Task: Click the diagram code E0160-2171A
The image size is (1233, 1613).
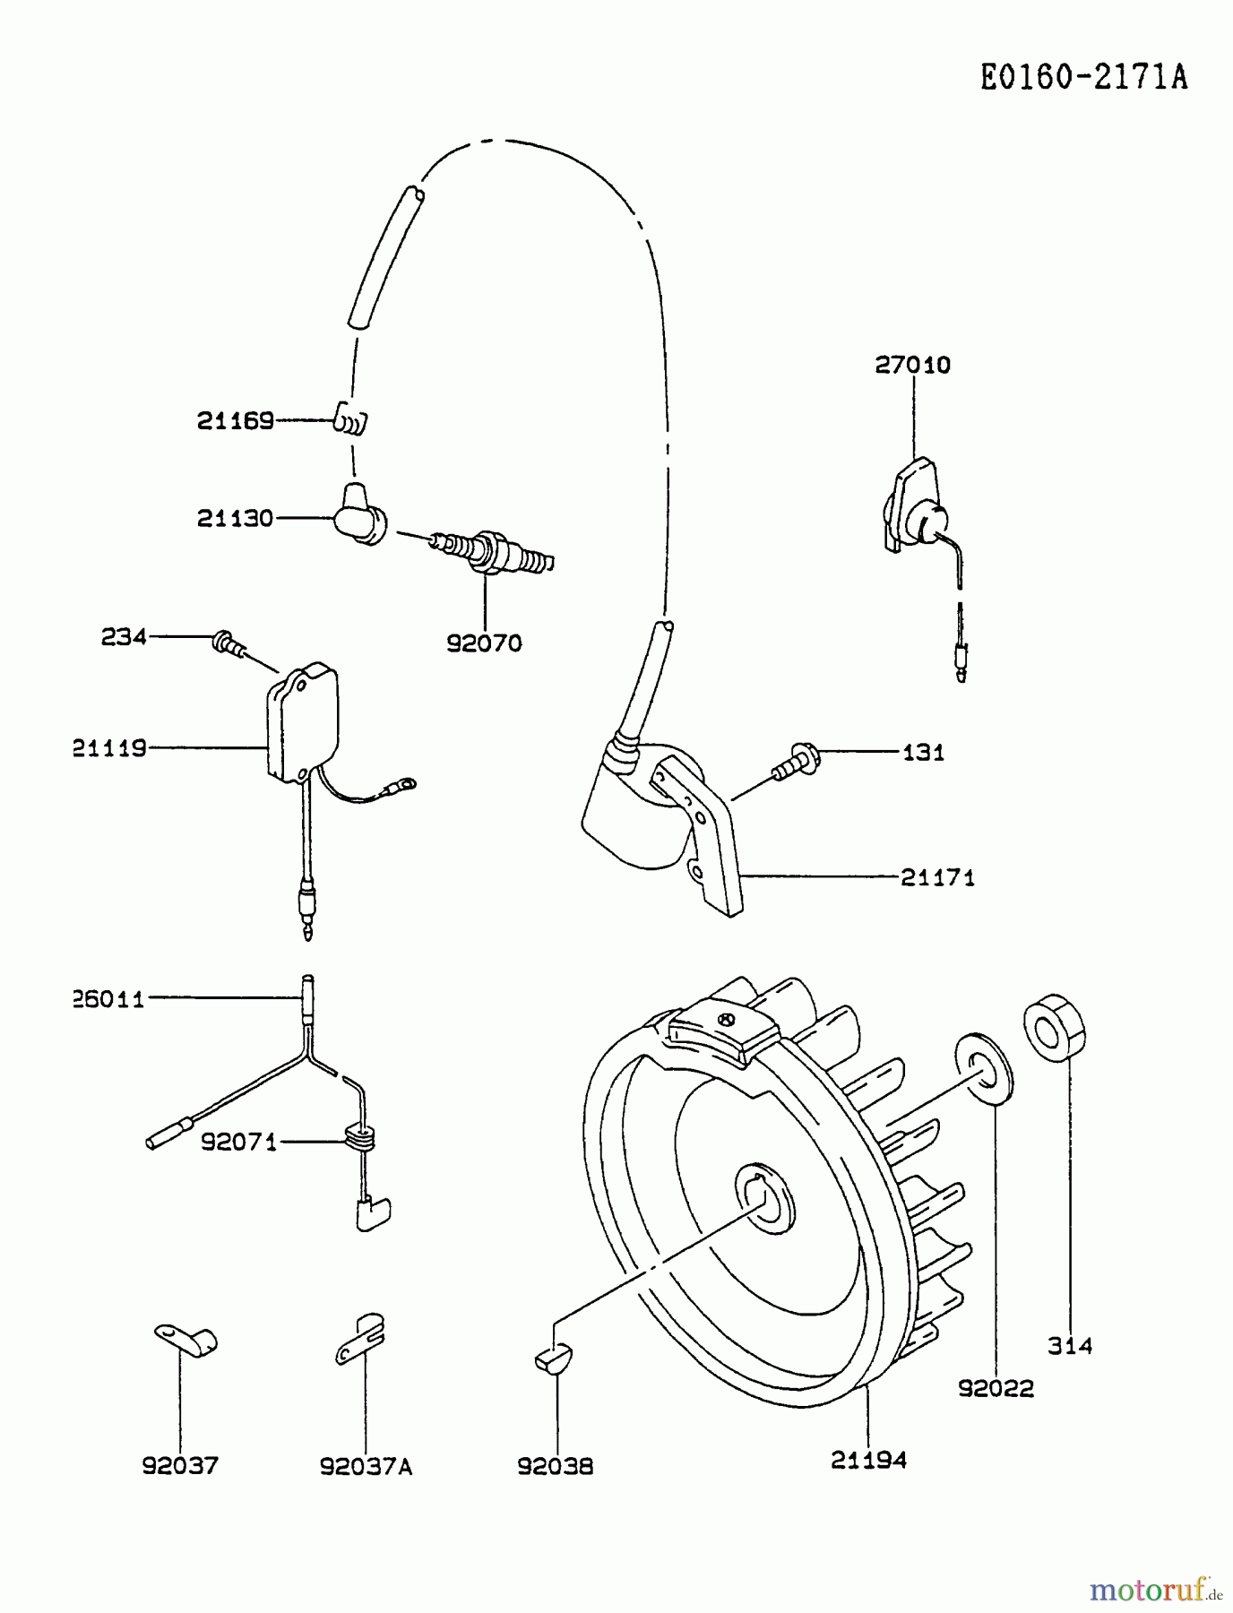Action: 1083,78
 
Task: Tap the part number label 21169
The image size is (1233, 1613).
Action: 235,421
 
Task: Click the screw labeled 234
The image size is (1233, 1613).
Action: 228,643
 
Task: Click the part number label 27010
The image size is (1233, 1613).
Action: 912,365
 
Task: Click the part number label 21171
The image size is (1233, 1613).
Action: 937,877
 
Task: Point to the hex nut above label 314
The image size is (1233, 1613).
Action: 1056,1028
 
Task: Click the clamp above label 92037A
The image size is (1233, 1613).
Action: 362,1341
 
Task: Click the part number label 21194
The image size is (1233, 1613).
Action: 868,1460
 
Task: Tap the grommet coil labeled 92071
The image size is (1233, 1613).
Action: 358,1141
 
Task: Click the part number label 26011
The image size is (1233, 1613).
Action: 109,999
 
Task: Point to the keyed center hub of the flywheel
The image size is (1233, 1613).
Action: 764,1197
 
